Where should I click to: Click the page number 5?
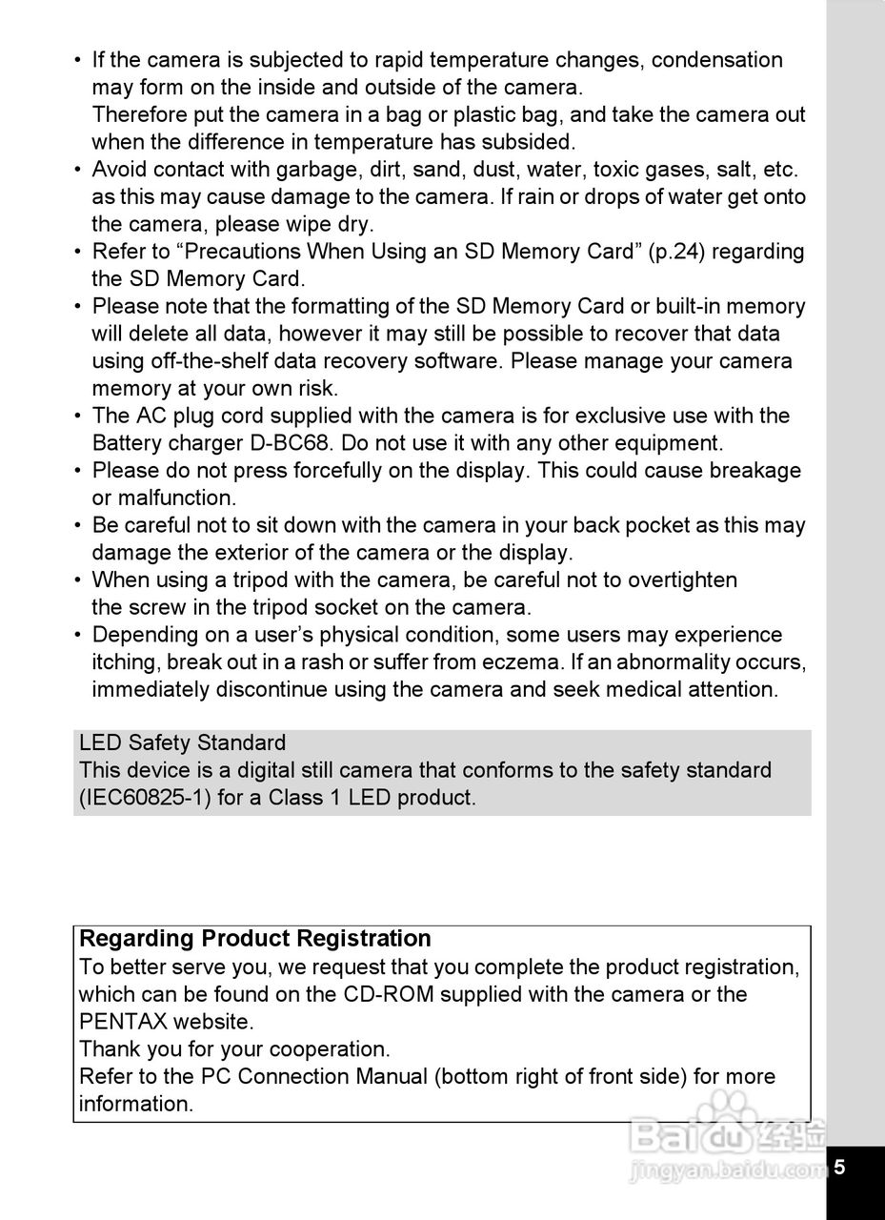click(x=840, y=1167)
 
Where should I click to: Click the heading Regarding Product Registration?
click(x=255, y=939)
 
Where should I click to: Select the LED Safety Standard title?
click(x=183, y=743)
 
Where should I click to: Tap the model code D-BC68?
click(x=286, y=444)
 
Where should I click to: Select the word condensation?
click(x=716, y=61)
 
